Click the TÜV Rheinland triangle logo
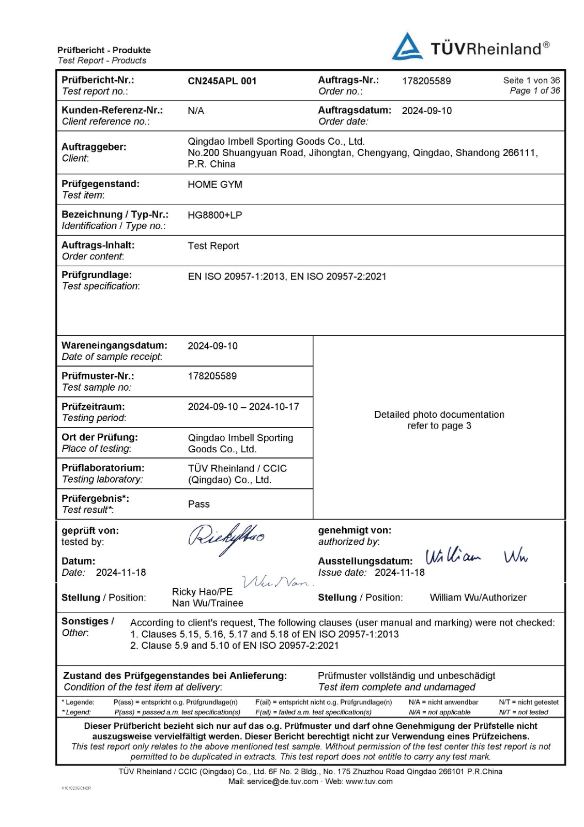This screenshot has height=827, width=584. pos(407,47)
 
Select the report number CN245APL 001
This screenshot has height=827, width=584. pos(222,81)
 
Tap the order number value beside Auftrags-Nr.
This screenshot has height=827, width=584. pos(426,81)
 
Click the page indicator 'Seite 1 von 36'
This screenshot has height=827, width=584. pos(531,81)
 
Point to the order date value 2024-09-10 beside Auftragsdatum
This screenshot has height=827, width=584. pos(426,111)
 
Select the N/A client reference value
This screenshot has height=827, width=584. pos(196,111)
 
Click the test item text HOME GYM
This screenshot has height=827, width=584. pos(215,185)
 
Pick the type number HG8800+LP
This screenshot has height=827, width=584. pos(215,215)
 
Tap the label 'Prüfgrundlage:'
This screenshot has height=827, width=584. pos(97,275)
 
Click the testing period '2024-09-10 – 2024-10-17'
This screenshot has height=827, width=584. pos(243,407)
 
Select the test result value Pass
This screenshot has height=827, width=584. pos(199,504)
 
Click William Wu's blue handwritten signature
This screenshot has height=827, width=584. pos(475,557)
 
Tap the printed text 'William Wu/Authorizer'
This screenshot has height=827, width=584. pos(478,598)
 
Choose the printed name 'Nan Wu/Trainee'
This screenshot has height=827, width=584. pos(208,603)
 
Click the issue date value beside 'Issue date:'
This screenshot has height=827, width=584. pos(399,573)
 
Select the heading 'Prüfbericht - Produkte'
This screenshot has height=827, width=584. pos(104,50)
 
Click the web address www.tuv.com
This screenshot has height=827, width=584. pos(369,782)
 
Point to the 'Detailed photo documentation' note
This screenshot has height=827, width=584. pos(439,415)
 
